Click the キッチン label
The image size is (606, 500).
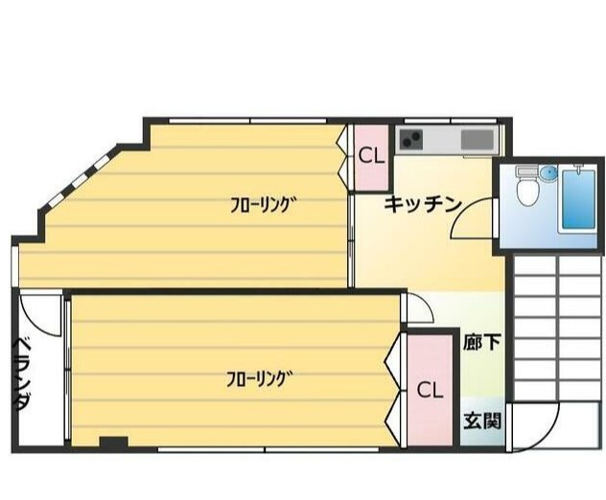tap(423, 204)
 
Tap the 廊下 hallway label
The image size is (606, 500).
tap(482, 342)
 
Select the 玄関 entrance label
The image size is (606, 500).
tap(482, 420)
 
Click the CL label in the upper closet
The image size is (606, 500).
tap(371, 155)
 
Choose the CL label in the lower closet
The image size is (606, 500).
tap(430, 390)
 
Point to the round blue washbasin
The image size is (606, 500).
tap(548, 172)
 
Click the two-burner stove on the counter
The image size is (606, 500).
tap(410, 140)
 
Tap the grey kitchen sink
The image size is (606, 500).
tap(478, 140)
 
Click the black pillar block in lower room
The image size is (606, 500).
tap(113, 443)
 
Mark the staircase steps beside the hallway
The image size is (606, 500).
tap(558, 329)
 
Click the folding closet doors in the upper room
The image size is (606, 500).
tap(341, 155)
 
